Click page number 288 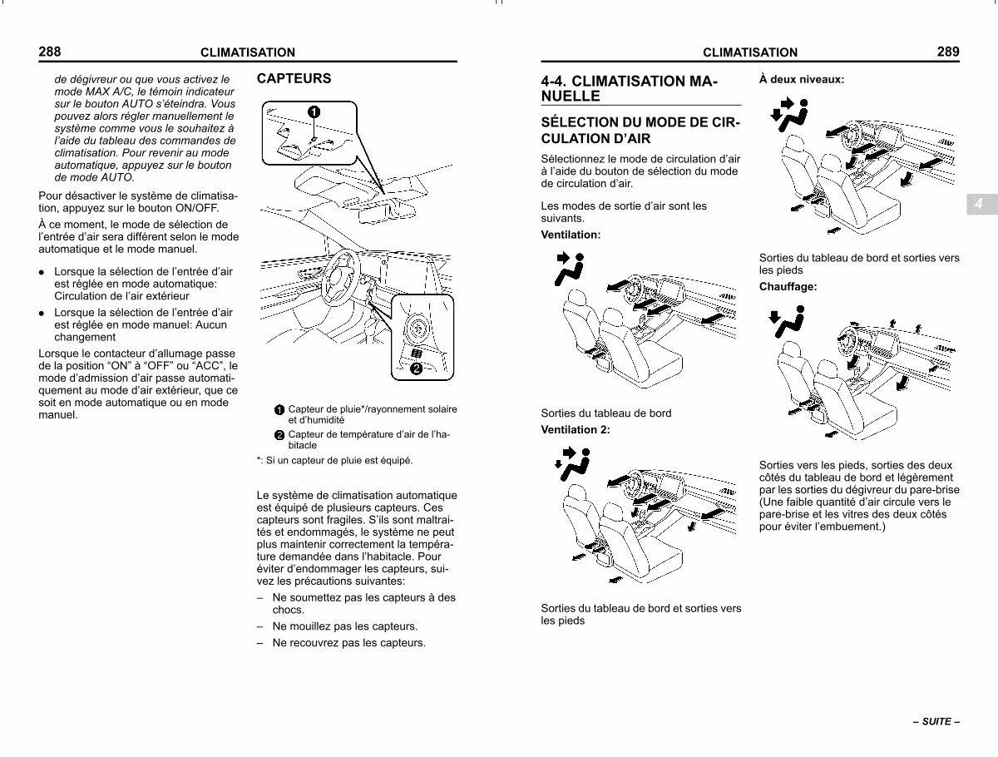tap(50, 52)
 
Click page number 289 tap(948, 52)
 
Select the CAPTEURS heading tap(294, 78)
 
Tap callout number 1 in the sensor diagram tap(314, 111)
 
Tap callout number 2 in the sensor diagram tap(416, 369)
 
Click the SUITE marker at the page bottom tap(936, 721)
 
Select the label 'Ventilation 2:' tap(576, 429)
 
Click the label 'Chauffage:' tap(788, 286)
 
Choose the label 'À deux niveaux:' tap(802, 80)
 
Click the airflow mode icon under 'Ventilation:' tap(570, 269)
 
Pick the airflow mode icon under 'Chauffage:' tap(787, 323)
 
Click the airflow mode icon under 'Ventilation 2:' tap(572, 463)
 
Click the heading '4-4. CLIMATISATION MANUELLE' tap(630, 89)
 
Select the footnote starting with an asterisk tap(334, 461)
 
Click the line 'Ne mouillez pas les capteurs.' tap(344, 626)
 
